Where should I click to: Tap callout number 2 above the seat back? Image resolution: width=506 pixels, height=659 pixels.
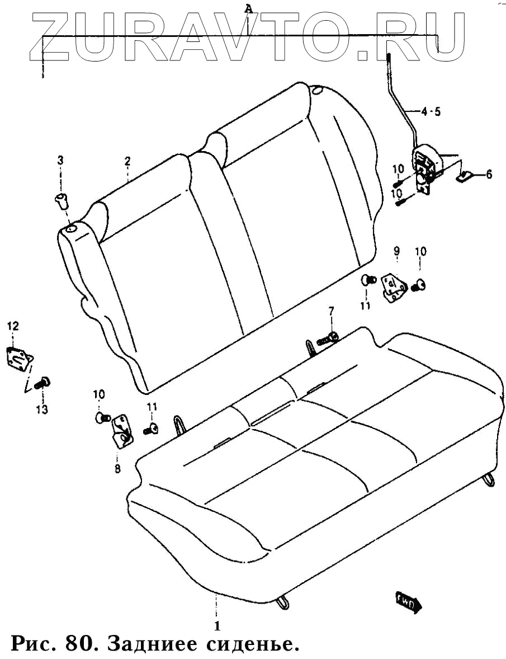(127, 162)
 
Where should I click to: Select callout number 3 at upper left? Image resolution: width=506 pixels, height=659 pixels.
(61, 162)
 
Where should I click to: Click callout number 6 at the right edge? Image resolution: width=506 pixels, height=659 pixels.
(489, 175)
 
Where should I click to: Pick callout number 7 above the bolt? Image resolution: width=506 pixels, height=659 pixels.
(330, 311)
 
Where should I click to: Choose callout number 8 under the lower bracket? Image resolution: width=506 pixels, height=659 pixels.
(117, 469)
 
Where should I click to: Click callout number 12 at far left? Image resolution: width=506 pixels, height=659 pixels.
(12, 326)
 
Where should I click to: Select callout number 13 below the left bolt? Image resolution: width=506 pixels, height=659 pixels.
(42, 410)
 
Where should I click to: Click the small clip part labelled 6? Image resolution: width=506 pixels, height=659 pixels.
(466, 176)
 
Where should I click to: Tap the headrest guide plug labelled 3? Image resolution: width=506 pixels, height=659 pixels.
(61, 200)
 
